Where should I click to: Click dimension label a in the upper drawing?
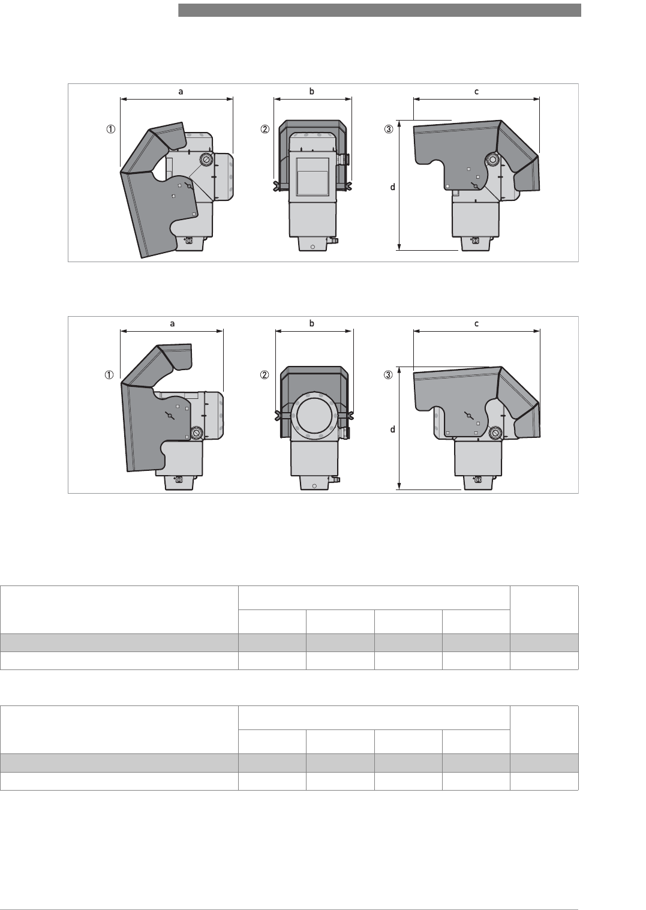(181, 92)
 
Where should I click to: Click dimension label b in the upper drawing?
(312, 91)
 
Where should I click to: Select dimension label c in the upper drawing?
(476, 92)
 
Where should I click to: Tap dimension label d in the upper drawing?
(392, 187)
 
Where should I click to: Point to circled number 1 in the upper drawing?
(111, 130)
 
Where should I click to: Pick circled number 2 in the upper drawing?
(265, 130)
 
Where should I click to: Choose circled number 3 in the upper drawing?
(389, 130)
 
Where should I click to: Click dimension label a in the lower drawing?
(172, 324)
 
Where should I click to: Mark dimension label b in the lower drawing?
(312, 323)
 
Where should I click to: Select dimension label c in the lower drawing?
(476, 324)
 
